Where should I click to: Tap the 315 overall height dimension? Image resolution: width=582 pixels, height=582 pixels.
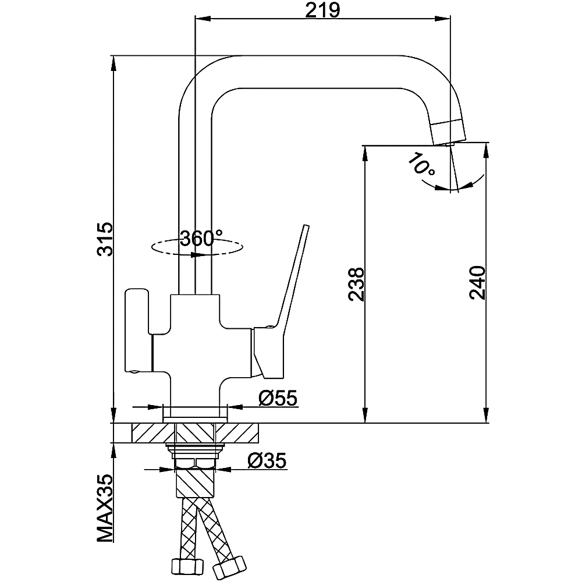105,239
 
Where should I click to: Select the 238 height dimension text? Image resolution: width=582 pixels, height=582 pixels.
356,284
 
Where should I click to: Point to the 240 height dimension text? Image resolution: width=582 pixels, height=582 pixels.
477,283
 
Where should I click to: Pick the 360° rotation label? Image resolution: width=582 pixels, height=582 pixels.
201,238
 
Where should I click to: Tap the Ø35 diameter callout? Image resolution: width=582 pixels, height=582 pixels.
267,461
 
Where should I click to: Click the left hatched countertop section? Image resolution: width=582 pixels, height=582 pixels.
153,433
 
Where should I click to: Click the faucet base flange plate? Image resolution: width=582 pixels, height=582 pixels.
195,413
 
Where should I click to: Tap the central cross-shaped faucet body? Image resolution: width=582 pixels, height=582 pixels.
195,343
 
